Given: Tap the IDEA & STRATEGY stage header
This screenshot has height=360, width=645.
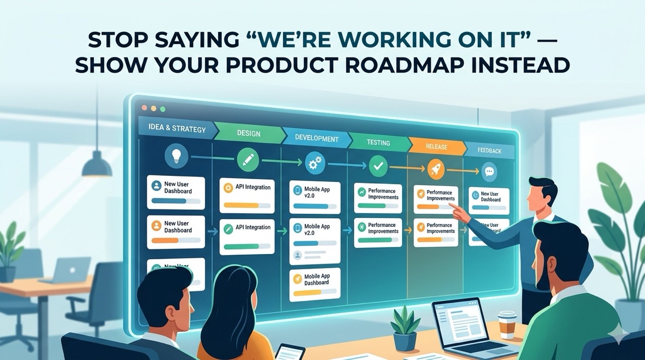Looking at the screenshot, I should coord(177,128).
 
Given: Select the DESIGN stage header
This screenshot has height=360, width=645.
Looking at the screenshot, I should coord(248,133).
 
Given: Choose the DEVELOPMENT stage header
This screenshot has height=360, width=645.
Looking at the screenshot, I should coord(316,138).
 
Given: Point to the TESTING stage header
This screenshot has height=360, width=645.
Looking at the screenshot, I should coord(378,143).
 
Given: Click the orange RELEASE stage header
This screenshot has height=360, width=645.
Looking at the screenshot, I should coord(436,147).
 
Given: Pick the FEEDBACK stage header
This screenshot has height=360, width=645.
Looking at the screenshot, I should coord(489,150).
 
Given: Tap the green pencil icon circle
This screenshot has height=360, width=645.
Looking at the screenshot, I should coord(248,160).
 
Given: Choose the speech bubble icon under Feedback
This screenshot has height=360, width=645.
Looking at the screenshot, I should coord(489,172).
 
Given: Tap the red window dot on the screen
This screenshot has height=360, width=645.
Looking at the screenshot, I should coord(144,107).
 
